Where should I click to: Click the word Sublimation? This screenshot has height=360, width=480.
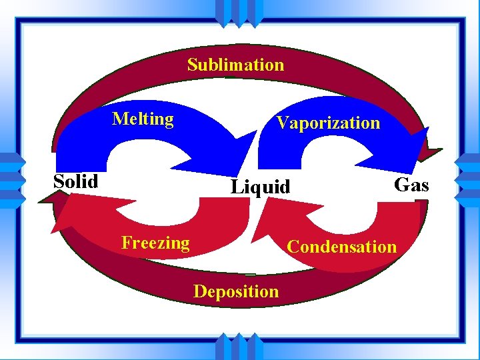235,65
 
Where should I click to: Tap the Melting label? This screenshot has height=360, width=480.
143,119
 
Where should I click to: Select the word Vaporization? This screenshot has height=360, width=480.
328,123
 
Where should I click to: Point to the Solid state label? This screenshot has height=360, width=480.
76,181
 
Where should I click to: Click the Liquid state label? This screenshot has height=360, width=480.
261,187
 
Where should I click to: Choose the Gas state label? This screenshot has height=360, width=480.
411,185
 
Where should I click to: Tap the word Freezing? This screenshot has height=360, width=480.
155,243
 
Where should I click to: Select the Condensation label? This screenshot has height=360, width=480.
341,247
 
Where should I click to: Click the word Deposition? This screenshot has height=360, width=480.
236,291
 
